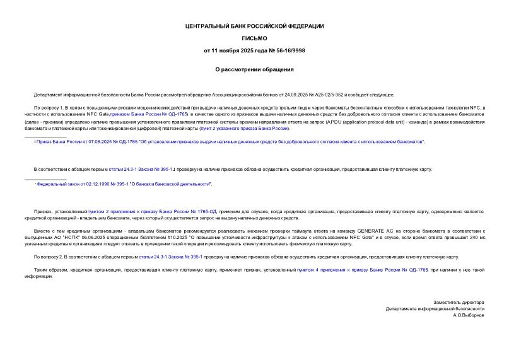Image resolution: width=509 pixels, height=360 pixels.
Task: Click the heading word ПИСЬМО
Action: pos(254,38)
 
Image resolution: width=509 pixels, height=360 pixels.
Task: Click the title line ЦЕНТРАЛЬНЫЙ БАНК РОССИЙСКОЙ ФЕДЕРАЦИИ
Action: pos(254,26)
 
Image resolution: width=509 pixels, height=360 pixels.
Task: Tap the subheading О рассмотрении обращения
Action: pos(254,69)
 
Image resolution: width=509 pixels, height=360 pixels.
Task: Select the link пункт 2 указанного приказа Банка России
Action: pos(244,128)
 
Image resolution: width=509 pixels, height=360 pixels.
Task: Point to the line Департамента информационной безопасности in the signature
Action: pos(435,308)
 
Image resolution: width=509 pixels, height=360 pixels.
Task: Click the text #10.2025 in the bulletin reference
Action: pos(167,238)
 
